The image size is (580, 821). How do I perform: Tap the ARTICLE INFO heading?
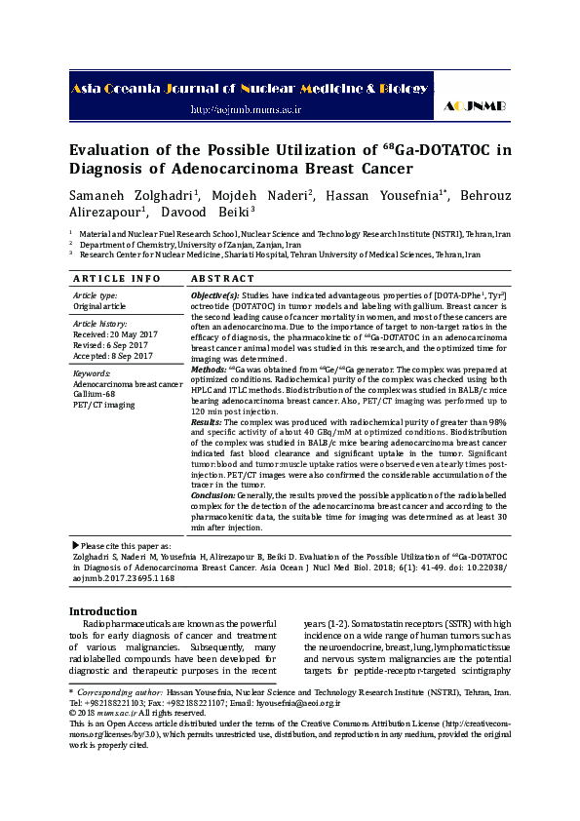point(117,278)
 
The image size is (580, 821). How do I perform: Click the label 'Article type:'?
point(96,294)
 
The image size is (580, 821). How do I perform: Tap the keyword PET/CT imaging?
point(105,405)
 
